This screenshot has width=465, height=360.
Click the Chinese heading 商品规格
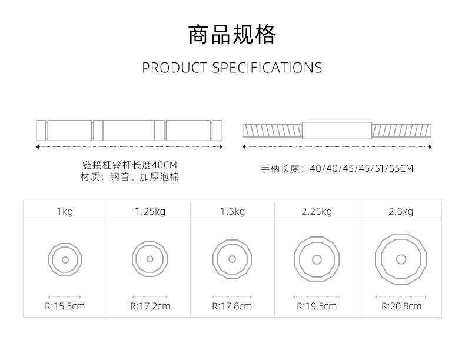tap(232, 35)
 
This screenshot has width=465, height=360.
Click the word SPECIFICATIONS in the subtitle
tap(267, 68)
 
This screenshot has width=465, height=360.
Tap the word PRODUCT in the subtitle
tap(175, 68)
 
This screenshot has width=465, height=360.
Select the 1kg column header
tap(65, 212)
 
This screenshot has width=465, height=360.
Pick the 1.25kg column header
tap(150, 212)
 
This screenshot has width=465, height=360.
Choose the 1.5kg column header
tap(232, 212)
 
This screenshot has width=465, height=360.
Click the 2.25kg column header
tap(317, 212)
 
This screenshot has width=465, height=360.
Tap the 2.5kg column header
tap(400, 212)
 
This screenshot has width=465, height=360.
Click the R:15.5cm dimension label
tap(65, 306)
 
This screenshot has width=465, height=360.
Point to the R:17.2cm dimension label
tap(150, 306)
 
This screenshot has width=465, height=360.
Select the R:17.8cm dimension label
tap(232, 306)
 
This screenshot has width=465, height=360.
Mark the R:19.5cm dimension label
tap(317, 306)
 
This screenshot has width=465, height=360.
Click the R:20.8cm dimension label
tap(401, 306)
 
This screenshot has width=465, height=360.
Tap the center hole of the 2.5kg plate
tap(401, 259)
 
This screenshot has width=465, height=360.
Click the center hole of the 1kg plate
tap(65, 259)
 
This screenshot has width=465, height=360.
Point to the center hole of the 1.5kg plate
tap(232, 259)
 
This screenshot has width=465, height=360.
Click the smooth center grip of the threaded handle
tap(337, 130)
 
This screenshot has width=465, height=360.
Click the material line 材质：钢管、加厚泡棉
tap(129, 176)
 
